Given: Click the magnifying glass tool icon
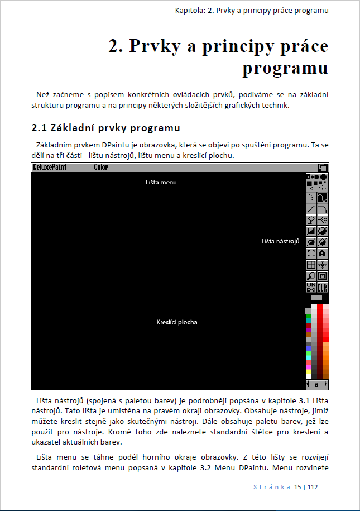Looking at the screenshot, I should coord(311,276).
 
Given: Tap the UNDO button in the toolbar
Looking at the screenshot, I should coord(311,287).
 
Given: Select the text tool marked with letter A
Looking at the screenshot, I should coord(323,253).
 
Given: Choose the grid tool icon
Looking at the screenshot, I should coord(311,265).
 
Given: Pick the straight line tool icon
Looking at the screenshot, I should coord(311,208).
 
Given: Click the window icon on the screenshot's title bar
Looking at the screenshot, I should coord(323,168).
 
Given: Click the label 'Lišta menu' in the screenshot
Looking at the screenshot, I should coord(161,182).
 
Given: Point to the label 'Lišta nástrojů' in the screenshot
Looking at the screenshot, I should coord(281,241).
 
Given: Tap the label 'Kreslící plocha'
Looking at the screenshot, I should coord(177,322).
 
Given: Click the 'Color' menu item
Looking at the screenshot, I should coord(101,168).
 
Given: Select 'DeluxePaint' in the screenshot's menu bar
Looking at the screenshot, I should coord(50,168).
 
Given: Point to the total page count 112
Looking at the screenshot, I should coord(312,487).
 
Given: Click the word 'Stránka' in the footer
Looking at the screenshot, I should coord(272,487).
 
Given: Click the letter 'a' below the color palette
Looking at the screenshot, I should coord(316,385).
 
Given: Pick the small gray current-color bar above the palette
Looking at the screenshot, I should coord(316,298).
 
